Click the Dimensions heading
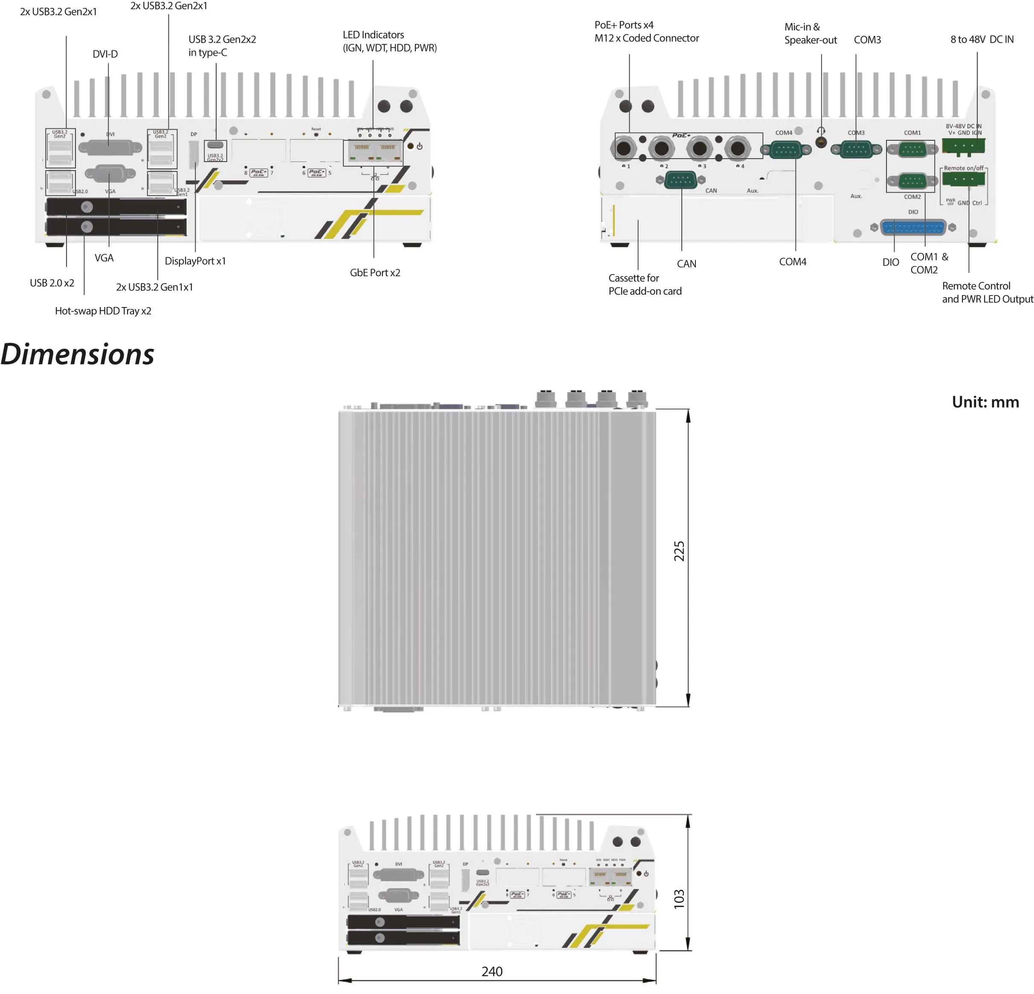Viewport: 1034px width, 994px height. coord(78,354)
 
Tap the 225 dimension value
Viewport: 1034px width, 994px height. coord(678,551)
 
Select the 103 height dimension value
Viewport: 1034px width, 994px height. coord(678,899)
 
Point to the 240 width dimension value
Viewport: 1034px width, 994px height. coord(492,971)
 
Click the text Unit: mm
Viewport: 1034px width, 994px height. coord(985,402)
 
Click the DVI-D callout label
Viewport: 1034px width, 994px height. coord(105,54)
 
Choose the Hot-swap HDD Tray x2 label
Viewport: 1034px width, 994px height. coord(103,311)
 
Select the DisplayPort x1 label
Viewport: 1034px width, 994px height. coord(195,261)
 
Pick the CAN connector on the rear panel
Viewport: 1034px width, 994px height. coord(681,180)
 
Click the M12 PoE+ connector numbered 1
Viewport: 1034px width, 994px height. coord(623,148)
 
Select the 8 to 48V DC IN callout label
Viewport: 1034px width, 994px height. coord(982,40)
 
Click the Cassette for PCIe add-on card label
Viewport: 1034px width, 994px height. coord(645,284)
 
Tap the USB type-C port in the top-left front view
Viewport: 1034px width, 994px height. coord(215,145)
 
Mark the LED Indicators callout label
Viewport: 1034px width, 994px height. coord(389,41)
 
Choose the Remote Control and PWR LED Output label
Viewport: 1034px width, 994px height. coord(987,292)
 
